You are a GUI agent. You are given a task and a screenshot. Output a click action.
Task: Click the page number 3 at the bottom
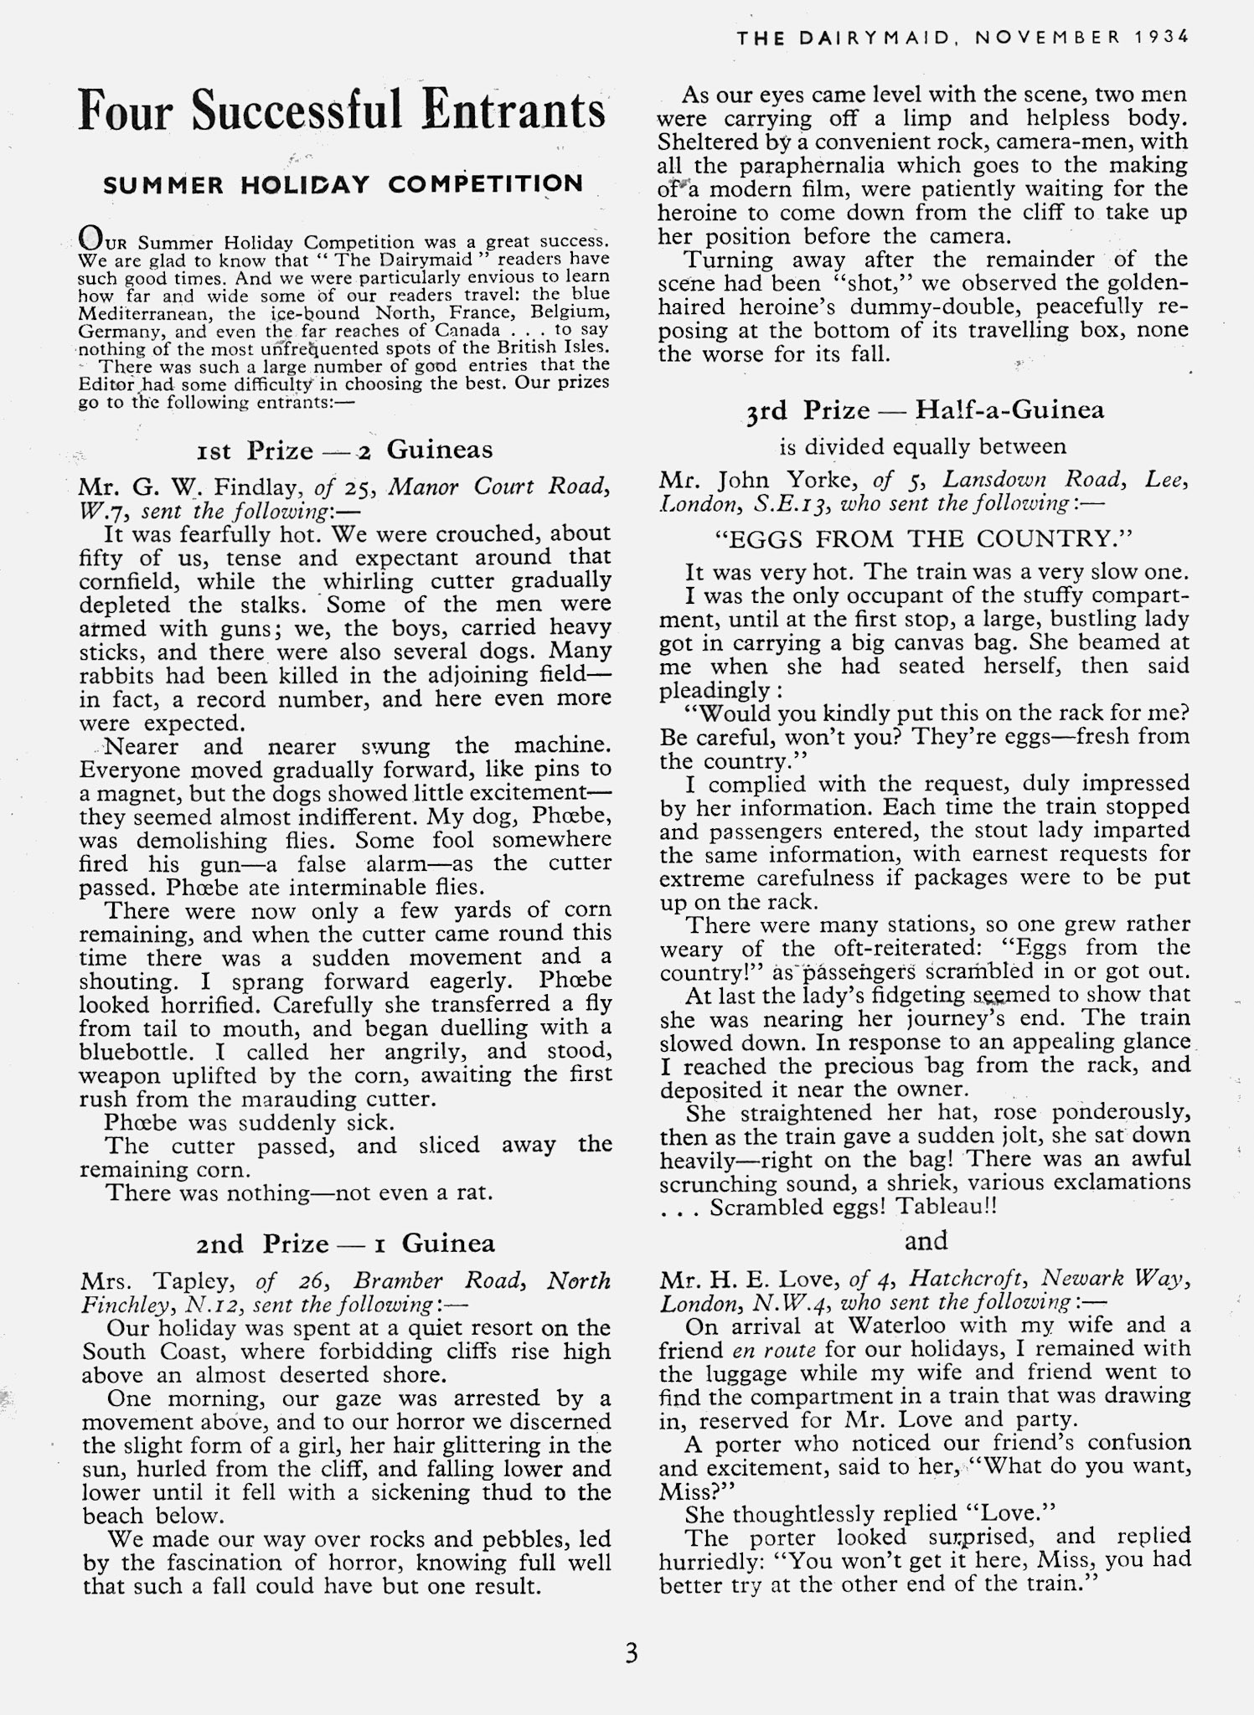[x=631, y=1653]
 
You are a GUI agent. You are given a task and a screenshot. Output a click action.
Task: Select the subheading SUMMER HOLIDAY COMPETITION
[x=343, y=184]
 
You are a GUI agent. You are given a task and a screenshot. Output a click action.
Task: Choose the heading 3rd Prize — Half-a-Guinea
[x=925, y=409]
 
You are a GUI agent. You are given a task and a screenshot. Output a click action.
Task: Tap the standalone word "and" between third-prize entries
[x=926, y=1240]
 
